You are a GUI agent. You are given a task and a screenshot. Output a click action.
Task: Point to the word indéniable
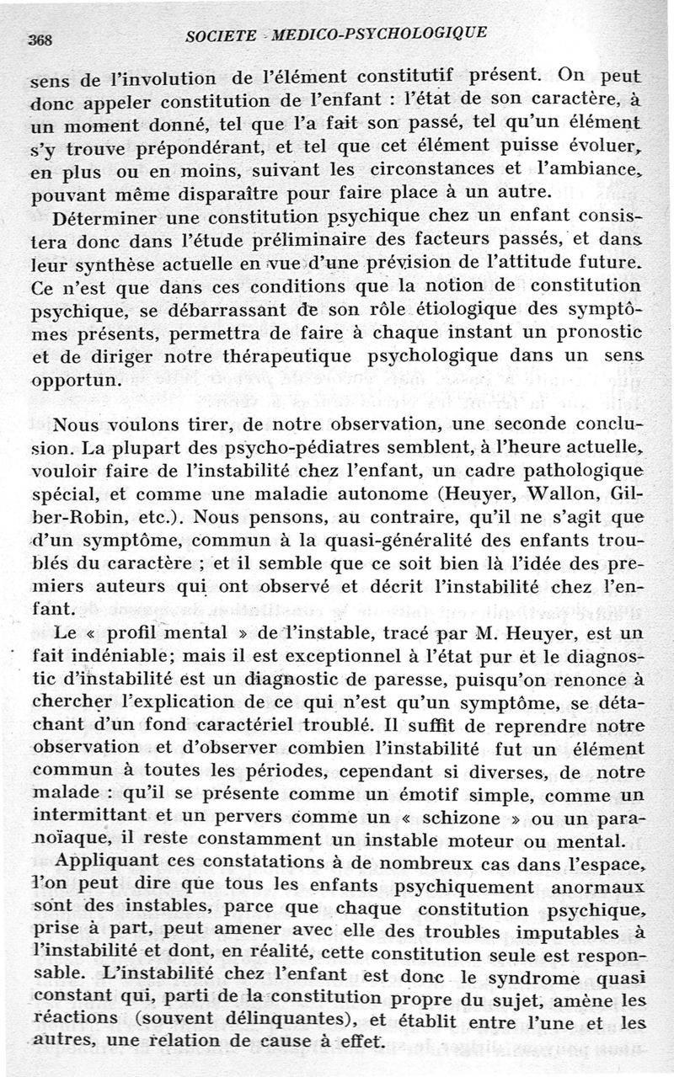tap(103, 652)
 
